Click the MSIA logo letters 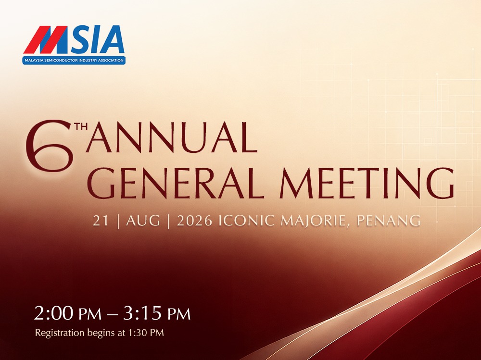[x=74, y=39]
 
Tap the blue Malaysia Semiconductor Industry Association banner [x=74, y=60]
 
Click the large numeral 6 [x=50, y=145]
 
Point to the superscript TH [x=81, y=126]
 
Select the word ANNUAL [x=172, y=137]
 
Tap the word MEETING [x=367, y=184]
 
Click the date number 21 [x=101, y=221]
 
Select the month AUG [x=143, y=221]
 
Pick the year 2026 [x=194, y=221]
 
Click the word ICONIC [x=246, y=221]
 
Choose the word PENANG [x=389, y=221]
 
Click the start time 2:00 [x=54, y=313]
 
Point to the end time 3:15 [x=142, y=313]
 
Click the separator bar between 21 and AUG [x=118, y=221]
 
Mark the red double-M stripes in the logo [x=45, y=39]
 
